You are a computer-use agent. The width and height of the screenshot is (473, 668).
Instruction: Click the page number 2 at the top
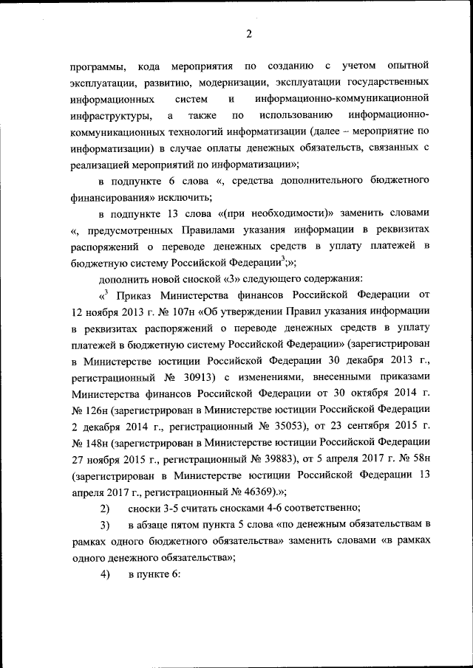[x=249, y=33]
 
